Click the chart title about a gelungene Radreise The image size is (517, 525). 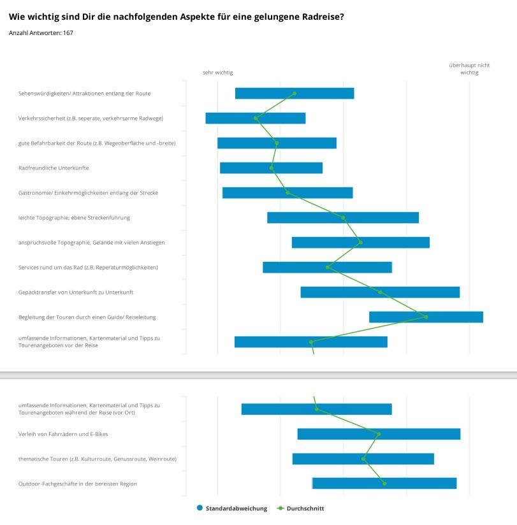(x=176, y=17)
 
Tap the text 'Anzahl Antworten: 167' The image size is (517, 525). (x=41, y=33)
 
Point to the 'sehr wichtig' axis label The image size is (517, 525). (x=218, y=73)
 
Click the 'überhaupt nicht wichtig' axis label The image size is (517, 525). (x=469, y=69)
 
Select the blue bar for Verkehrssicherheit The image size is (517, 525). (x=256, y=119)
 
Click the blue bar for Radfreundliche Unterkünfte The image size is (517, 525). (x=271, y=168)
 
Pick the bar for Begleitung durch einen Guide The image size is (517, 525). (x=426, y=317)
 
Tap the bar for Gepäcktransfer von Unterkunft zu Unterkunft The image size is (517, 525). (x=380, y=292)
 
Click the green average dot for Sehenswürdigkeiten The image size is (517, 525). (x=295, y=94)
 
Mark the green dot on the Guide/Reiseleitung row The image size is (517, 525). (x=426, y=317)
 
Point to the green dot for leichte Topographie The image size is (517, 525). (x=343, y=218)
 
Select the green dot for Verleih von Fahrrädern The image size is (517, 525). (x=379, y=434)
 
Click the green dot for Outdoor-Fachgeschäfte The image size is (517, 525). (x=384, y=484)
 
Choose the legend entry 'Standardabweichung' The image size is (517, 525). (x=232, y=508)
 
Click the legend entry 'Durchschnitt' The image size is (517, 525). (x=300, y=508)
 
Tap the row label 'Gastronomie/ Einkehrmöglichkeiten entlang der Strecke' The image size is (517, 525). (x=88, y=193)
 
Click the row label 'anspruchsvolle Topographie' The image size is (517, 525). (x=91, y=242)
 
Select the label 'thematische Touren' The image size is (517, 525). (x=98, y=459)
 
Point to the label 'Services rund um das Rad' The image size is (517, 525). (x=88, y=267)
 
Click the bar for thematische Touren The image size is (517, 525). (x=363, y=459)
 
